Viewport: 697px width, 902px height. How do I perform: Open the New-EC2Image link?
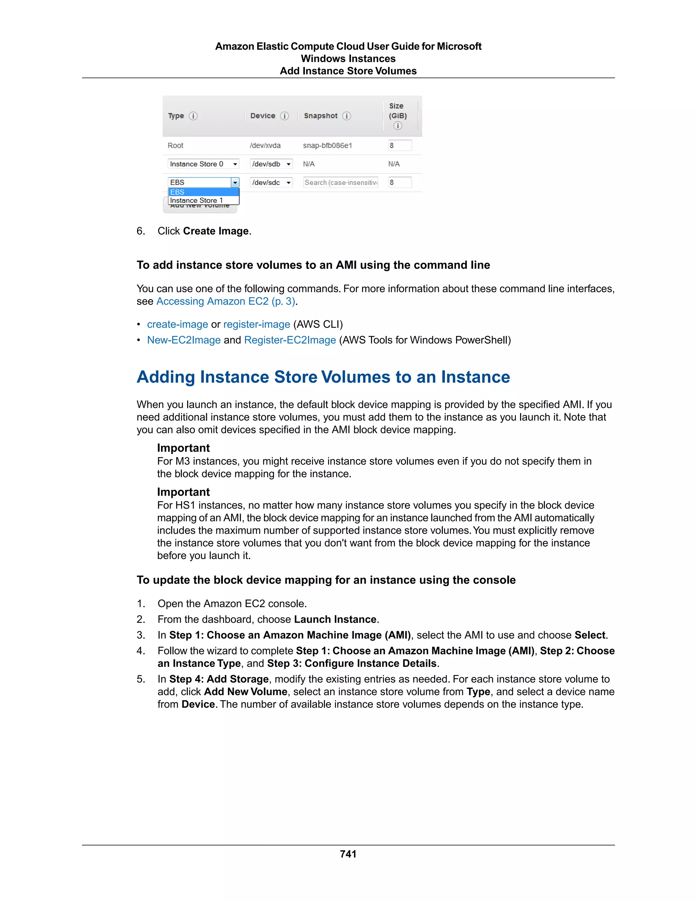(x=184, y=340)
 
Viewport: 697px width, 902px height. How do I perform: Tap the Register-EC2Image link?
(x=290, y=340)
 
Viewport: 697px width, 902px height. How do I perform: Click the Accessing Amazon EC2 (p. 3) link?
(x=225, y=301)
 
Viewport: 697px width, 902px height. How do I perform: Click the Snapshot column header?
(x=320, y=116)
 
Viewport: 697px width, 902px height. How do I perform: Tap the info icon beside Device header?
(x=285, y=116)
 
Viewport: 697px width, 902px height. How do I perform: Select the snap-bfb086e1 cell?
(x=327, y=145)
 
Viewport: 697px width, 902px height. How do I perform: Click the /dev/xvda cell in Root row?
(x=265, y=145)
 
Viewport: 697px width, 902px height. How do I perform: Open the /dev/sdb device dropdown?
(x=271, y=164)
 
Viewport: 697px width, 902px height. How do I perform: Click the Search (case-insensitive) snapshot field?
(x=341, y=182)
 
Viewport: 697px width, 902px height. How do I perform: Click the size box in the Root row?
(x=399, y=145)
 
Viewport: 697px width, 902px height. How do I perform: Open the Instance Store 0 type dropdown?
(x=203, y=164)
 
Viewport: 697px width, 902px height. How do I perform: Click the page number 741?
(x=348, y=854)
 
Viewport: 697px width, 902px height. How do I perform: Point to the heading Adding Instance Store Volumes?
(x=323, y=377)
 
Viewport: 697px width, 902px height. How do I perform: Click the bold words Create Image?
(x=215, y=231)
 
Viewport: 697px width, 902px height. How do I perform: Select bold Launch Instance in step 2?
(x=335, y=619)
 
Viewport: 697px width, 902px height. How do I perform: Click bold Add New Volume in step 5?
(x=245, y=691)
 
